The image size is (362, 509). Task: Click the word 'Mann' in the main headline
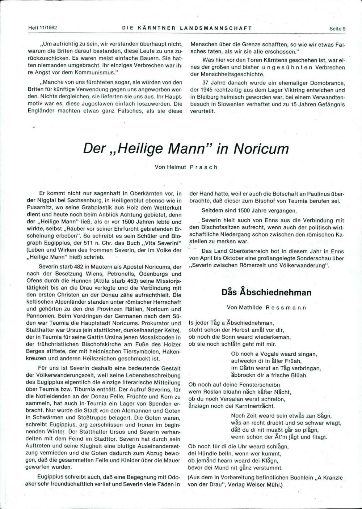click(x=192, y=149)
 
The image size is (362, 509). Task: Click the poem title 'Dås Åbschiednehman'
click(x=266, y=292)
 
